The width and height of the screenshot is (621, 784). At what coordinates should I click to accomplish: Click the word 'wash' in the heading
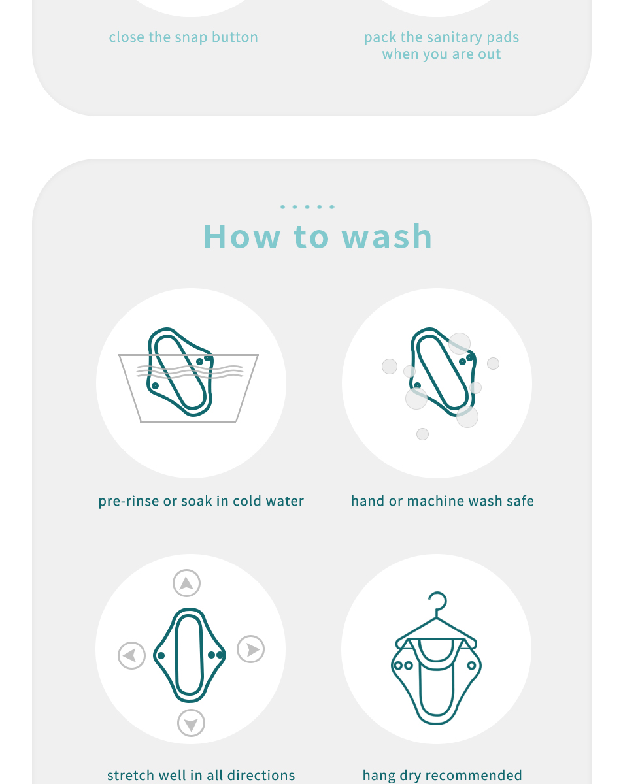[387, 237]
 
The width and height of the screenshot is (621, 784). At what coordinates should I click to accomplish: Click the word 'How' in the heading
[242, 237]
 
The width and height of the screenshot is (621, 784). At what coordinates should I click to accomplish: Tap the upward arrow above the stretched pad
[186, 583]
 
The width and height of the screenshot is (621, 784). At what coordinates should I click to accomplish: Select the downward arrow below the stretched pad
[191, 723]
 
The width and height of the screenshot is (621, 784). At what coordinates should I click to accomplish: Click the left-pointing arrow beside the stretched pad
[131, 655]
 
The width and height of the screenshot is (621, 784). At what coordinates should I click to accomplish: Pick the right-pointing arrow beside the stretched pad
[250, 649]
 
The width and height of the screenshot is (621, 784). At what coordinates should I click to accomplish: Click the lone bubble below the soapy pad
[423, 434]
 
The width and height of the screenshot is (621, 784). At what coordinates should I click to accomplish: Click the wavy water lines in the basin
[190, 371]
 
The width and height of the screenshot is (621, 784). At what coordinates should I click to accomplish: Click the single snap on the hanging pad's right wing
[471, 666]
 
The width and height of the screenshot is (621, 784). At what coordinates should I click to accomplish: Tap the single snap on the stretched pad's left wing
[161, 655]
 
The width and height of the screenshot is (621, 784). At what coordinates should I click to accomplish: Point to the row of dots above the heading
[307, 207]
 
